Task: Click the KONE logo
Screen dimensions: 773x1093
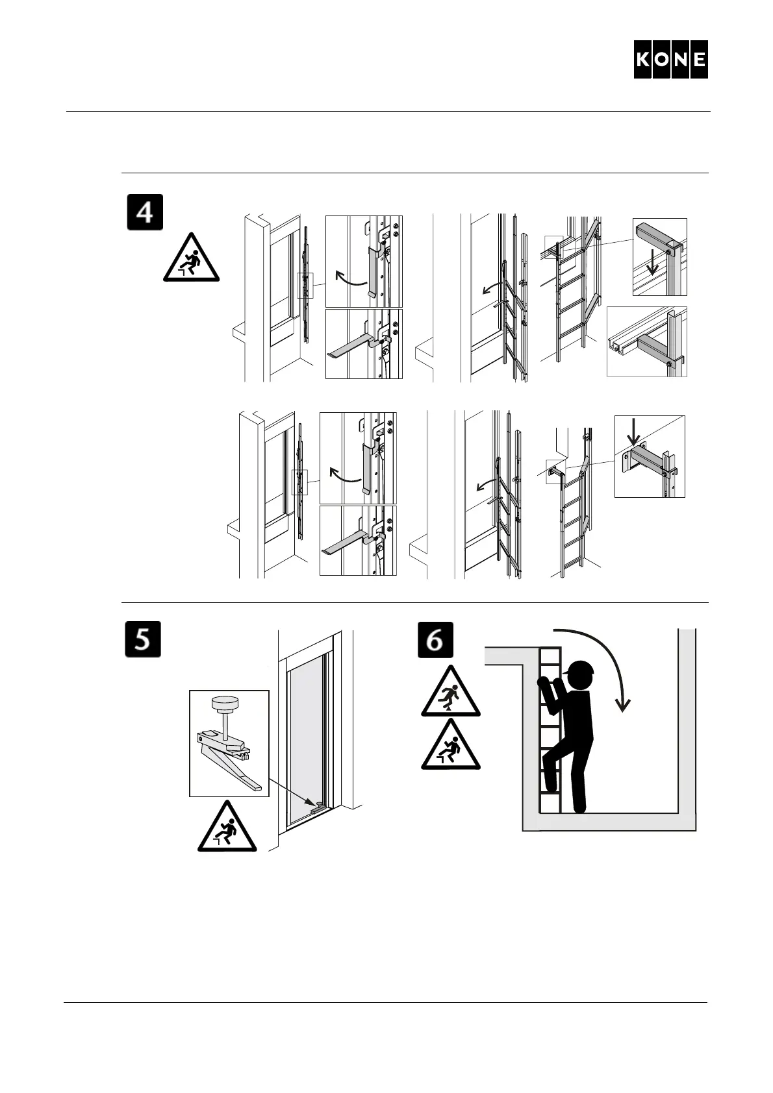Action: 670,60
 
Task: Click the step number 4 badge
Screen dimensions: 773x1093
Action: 144,212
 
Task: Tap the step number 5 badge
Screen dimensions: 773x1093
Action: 142,639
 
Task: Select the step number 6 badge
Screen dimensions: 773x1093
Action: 435,639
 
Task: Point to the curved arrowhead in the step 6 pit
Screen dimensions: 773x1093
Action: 624,704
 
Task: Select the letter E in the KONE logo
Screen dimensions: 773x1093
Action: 699,60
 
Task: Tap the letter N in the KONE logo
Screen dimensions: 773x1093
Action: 680,60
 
